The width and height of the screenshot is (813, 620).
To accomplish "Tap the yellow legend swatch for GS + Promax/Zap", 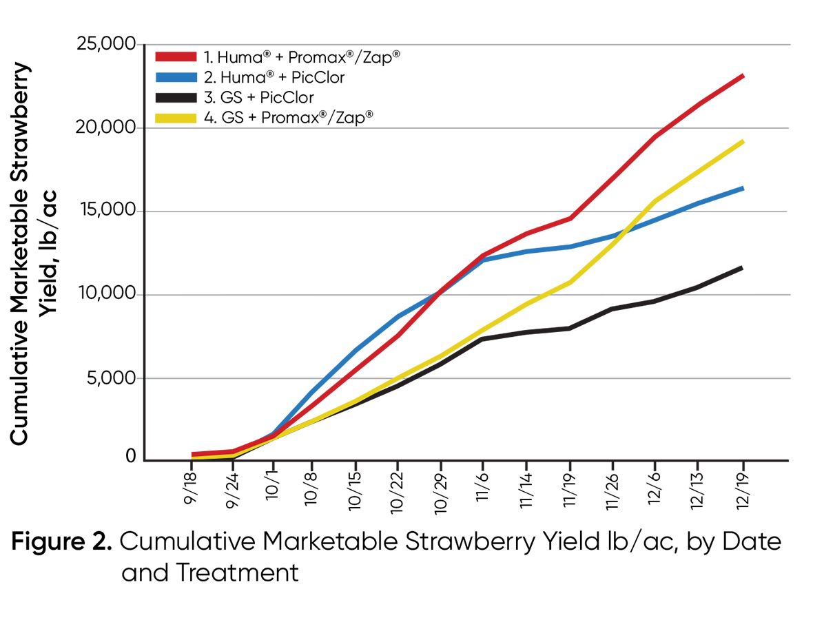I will pyautogui.click(x=176, y=118).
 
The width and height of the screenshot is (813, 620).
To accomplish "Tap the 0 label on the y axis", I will pyautogui.click(x=130, y=457).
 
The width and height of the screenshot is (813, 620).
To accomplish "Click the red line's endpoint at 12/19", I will pyautogui.click(x=742, y=76).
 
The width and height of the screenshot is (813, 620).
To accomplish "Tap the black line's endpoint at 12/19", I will pyautogui.click(x=742, y=267).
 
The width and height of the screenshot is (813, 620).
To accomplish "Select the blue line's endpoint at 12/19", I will pyautogui.click(x=742, y=188).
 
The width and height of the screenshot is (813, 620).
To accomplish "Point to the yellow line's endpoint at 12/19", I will pyautogui.click(x=742, y=141).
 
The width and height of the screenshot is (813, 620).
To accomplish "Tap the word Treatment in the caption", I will pyautogui.click(x=210, y=572).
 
